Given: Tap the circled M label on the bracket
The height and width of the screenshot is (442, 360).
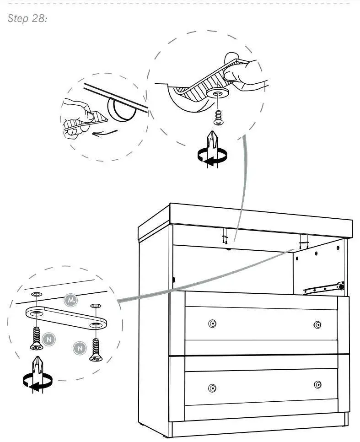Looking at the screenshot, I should click(70, 300).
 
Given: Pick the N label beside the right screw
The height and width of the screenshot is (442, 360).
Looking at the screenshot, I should click(80, 349).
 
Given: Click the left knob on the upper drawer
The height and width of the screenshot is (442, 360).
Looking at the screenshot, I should click(212, 324).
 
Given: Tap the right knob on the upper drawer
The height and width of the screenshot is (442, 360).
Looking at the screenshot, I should click(317, 325).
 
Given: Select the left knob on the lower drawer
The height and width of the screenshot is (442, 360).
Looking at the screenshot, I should click(211, 388).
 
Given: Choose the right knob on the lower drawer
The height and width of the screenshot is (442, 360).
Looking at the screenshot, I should click(317, 384).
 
